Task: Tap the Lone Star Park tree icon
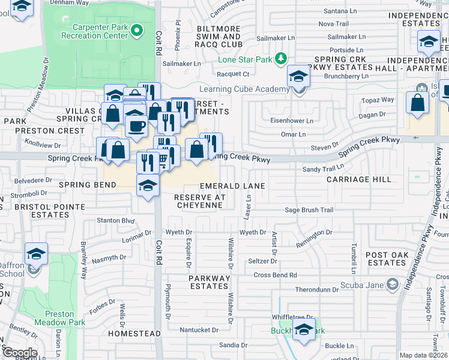[280, 58]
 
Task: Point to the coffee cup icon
[136, 125]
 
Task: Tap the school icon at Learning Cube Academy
[298, 76]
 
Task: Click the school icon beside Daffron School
[37, 254]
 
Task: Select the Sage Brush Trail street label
[309, 210]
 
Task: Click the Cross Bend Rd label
[276, 275]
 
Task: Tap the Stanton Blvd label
[116, 221]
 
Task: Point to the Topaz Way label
[378, 100]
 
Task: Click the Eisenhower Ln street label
[292, 121]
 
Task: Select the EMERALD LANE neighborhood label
[232, 187]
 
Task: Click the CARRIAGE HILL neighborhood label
[358, 179]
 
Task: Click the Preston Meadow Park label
[59, 318]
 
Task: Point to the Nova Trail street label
[333, 23]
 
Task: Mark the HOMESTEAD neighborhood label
[134, 333]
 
